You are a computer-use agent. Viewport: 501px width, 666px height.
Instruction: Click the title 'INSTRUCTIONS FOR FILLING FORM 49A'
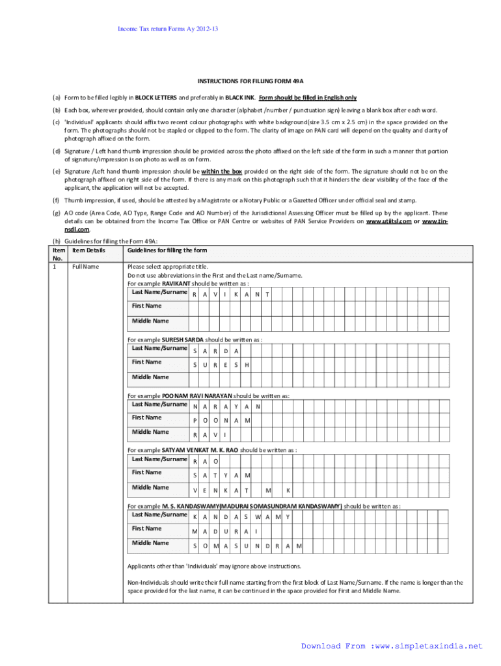coord(251,81)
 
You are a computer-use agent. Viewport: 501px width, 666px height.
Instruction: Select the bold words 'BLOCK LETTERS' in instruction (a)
coord(157,98)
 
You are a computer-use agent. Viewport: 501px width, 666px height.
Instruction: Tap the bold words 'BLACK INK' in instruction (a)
coord(239,98)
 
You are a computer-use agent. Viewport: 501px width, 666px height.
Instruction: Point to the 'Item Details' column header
coord(89,250)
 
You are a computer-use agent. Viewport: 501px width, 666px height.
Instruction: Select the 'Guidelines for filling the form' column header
coord(167,250)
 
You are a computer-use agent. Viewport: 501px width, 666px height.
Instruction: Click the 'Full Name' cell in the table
coord(85,267)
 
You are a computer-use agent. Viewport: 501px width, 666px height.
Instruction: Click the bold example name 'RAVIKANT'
coord(177,284)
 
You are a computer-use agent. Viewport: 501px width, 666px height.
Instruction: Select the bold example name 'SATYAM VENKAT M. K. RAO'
coord(200,450)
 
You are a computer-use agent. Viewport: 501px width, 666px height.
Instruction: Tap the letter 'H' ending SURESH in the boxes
coord(247,365)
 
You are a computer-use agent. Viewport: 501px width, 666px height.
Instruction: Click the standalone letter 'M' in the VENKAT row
coord(267,490)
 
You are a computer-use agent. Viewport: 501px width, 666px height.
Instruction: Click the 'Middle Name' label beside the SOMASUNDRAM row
coord(150,542)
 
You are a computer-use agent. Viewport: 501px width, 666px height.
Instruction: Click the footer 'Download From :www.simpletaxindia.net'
coord(392,646)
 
